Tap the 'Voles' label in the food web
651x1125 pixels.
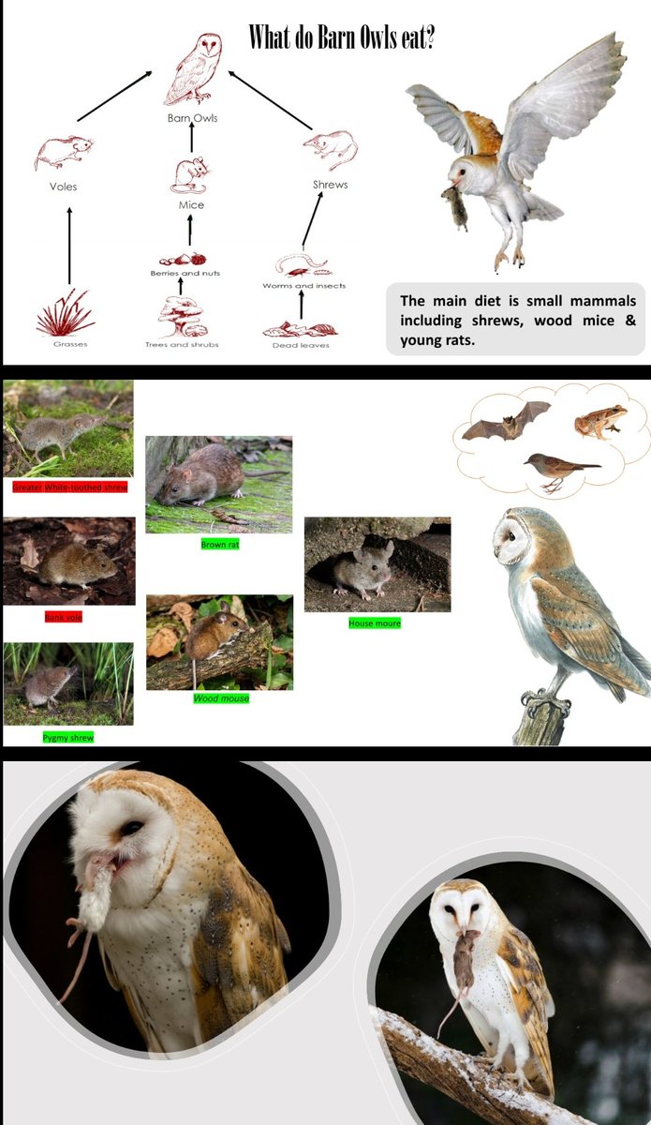63,187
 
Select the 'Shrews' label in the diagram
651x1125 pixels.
330,185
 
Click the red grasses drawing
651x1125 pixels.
65,313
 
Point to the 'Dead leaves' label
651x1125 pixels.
300,345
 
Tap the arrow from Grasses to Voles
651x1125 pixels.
69,246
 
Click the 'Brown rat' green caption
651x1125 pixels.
219,544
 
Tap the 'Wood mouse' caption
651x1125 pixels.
221,698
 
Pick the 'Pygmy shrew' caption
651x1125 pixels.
68,738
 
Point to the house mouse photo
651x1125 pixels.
377,564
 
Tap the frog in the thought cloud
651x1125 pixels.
600,422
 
